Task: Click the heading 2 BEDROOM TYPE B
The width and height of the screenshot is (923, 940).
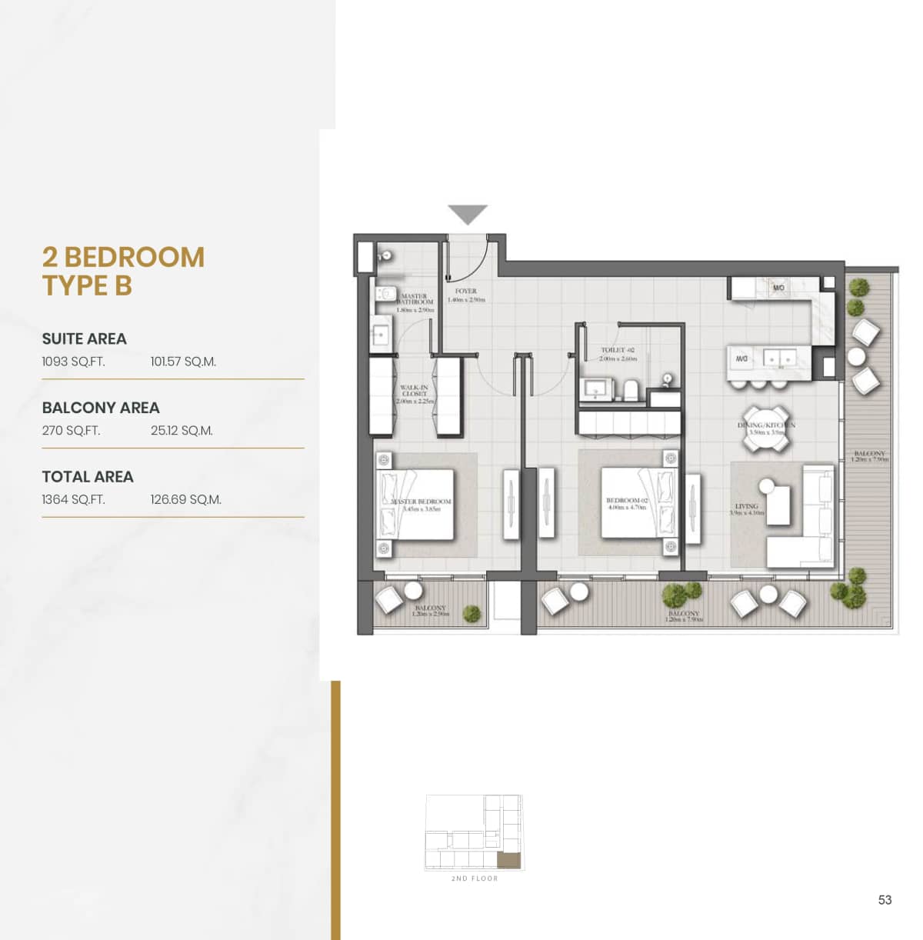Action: [123, 271]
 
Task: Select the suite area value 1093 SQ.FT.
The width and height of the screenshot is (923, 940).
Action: [73, 362]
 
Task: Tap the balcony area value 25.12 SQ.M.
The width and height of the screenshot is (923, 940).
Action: [182, 431]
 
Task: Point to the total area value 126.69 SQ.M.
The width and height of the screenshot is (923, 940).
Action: [185, 500]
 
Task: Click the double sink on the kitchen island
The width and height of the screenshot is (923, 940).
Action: [778, 358]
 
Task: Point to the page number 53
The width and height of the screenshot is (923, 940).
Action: [885, 899]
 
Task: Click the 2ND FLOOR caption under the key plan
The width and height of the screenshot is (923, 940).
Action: [474, 878]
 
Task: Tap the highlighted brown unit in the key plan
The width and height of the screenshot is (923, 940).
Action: [508, 860]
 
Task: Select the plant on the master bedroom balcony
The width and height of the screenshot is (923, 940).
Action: [471, 613]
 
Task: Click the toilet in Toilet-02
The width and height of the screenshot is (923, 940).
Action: [631, 390]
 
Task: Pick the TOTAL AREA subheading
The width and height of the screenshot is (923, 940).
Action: [88, 477]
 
